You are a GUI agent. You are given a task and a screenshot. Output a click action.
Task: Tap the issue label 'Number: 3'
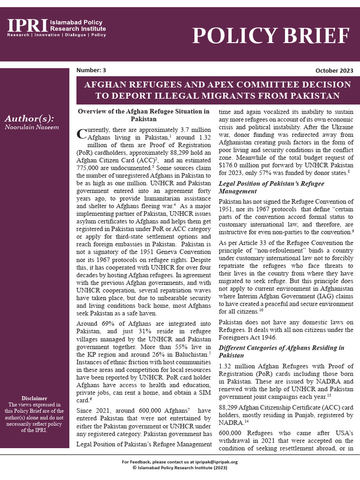(x=91, y=70)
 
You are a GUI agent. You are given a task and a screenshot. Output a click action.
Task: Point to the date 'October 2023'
(x=335, y=71)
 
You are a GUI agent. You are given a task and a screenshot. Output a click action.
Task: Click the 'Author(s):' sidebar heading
(x=29, y=118)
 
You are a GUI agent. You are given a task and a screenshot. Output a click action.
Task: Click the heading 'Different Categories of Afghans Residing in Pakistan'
(x=281, y=352)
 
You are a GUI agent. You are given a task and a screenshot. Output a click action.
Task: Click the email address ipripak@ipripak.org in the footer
(x=216, y=462)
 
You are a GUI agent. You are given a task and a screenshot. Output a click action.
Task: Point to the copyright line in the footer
(x=180, y=467)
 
